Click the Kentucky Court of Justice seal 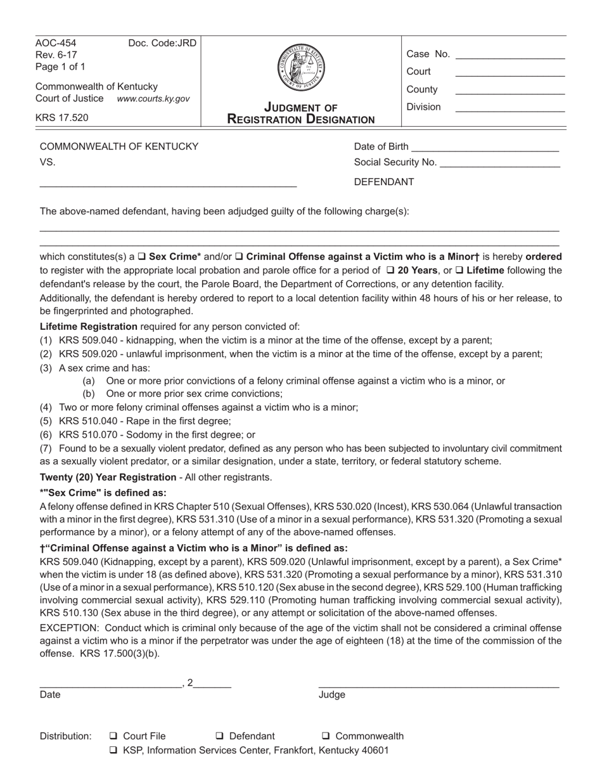click(301, 67)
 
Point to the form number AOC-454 click(56, 44)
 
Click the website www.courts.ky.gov click(153, 99)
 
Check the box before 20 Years click(390, 271)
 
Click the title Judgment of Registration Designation click(301, 114)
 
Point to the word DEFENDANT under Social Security click(384, 182)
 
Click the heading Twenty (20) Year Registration click(108, 477)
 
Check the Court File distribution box click(113, 736)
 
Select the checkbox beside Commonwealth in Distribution click(326, 736)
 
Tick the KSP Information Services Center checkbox click(113, 750)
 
